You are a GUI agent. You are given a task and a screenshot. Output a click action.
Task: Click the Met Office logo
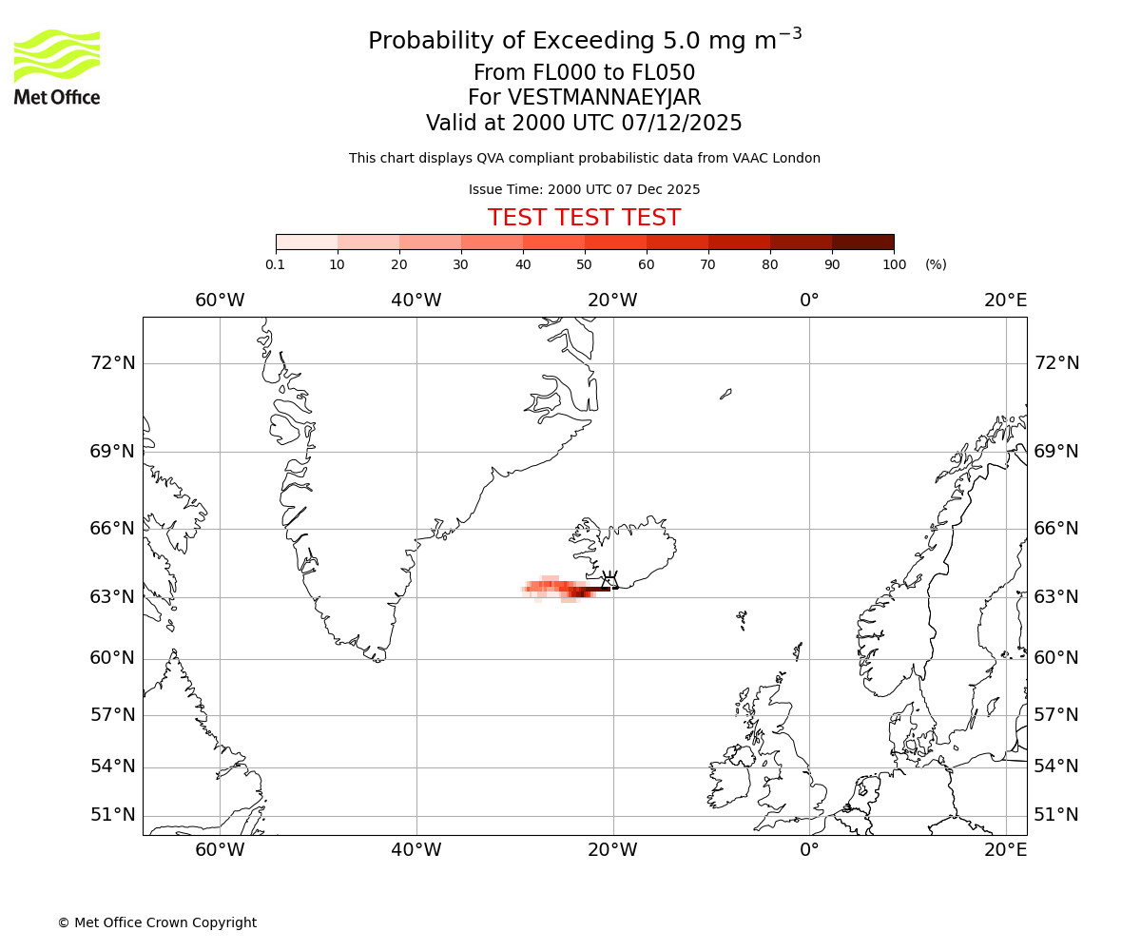(57, 67)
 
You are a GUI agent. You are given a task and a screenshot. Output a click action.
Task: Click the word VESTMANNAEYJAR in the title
(605, 98)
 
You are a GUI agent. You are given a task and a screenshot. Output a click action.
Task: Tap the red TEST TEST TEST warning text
(584, 218)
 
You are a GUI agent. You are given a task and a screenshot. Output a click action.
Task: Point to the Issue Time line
(584, 189)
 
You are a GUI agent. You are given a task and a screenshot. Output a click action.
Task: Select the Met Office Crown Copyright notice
(157, 922)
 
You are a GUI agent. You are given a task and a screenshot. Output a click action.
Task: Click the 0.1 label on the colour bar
(275, 264)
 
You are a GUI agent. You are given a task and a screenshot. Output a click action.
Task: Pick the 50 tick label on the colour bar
(585, 264)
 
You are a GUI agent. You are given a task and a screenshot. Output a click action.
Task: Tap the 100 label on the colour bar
(894, 264)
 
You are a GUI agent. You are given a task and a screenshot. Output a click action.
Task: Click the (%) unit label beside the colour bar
(936, 264)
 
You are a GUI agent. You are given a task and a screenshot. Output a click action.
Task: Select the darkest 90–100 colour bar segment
(862, 242)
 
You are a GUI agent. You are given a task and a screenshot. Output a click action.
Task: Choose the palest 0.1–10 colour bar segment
(306, 242)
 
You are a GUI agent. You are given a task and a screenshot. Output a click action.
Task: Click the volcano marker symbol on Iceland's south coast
(609, 578)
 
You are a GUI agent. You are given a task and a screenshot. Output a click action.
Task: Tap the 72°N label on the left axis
(112, 363)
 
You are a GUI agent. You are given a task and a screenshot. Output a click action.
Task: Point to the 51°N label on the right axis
(1056, 815)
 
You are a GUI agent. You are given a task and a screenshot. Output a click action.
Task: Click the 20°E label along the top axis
(1005, 301)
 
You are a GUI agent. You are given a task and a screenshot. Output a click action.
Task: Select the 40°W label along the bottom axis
(416, 849)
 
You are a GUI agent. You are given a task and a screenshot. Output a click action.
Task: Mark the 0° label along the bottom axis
(809, 849)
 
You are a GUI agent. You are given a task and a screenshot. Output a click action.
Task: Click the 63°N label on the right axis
(1056, 597)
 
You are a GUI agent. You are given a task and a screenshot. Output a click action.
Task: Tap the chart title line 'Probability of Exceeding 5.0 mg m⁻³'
(584, 40)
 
